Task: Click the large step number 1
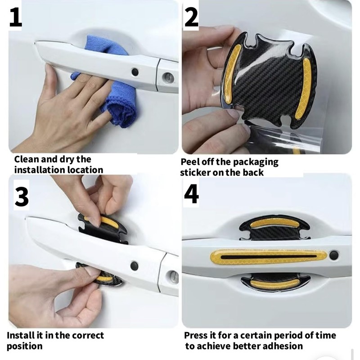click(x=15, y=17)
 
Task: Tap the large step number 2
click(x=191, y=16)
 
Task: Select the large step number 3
click(x=22, y=196)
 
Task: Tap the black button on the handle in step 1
click(x=135, y=72)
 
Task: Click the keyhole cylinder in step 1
click(x=168, y=77)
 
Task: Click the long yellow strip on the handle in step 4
click(x=269, y=256)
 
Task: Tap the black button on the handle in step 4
click(x=333, y=255)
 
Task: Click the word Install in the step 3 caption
click(x=20, y=335)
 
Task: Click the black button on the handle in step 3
click(x=134, y=266)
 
